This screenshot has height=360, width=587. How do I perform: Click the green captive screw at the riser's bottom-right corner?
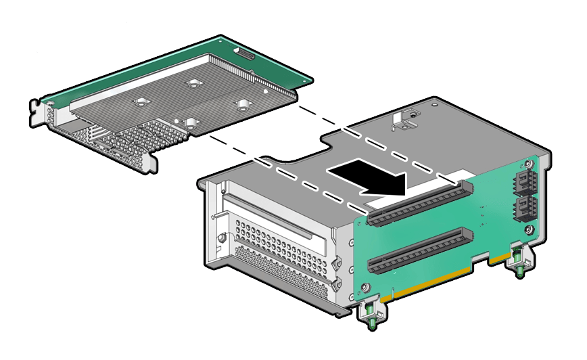click(x=518, y=261)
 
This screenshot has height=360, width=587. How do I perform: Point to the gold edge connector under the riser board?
click(x=433, y=284)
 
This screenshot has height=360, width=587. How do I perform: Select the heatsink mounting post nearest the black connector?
click(x=195, y=83)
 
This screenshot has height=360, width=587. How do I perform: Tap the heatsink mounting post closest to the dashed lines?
click(x=241, y=104)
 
